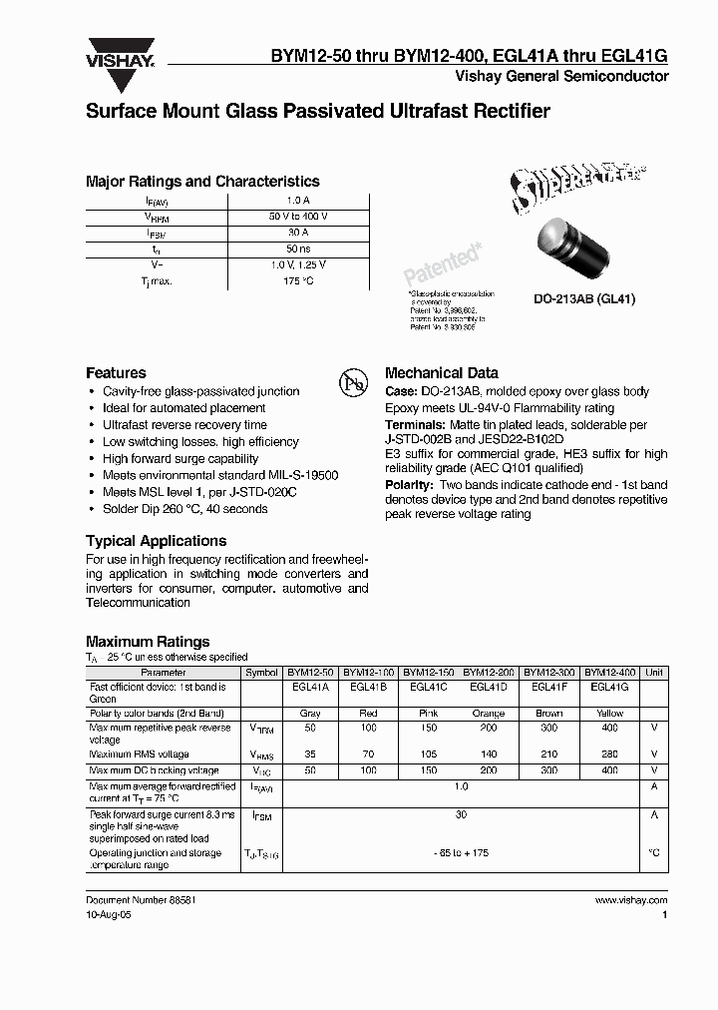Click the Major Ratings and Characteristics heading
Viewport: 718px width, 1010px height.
coord(202,182)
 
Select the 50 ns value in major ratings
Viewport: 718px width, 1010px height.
coord(297,249)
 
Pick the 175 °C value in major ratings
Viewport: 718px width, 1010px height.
coord(297,281)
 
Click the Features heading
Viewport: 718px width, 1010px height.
coord(116,372)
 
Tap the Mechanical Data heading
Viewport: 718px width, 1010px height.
coord(442,372)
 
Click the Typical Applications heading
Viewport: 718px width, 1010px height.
coord(153,540)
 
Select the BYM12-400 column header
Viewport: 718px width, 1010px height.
coord(609,673)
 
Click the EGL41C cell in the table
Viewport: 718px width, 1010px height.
coord(428,688)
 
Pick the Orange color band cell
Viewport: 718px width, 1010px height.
coord(489,714)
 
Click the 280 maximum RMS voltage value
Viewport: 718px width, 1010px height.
coord(609,755)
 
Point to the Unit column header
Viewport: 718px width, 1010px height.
coord(654,673)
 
